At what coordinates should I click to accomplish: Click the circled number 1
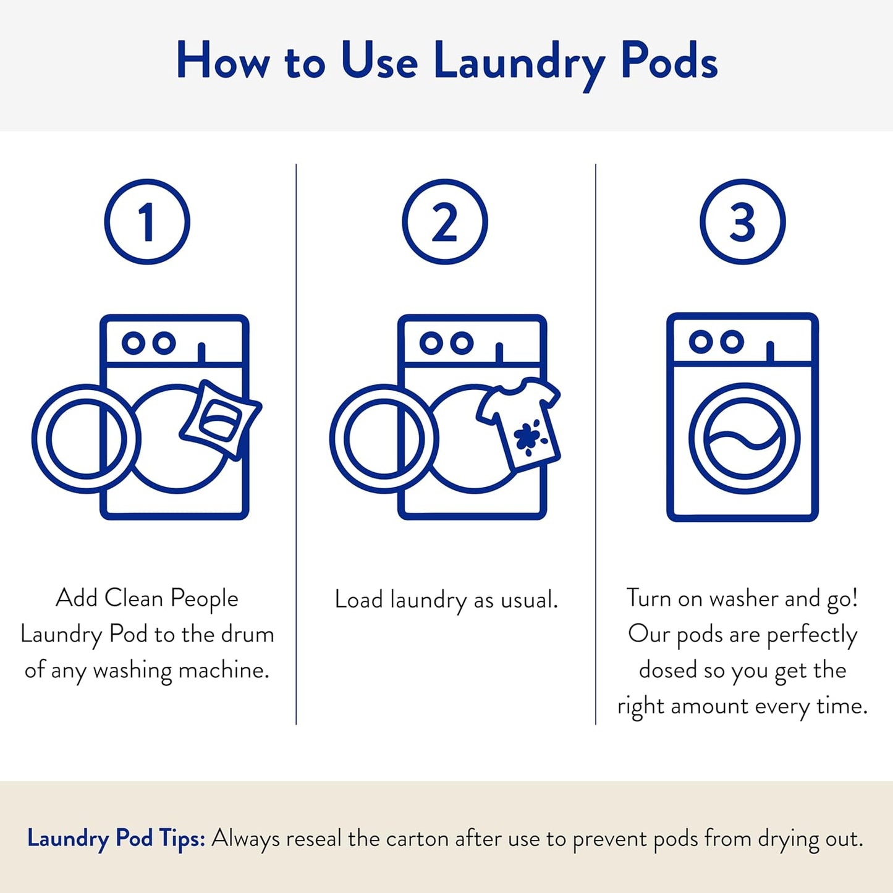click(147, 222)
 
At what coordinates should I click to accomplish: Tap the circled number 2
click(445, 222)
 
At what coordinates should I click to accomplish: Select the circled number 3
click(742, 222)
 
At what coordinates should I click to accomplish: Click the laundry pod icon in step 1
click(219, 419)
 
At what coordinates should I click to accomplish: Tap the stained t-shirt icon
click(520, 423)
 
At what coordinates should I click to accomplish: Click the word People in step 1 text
click(204, 598)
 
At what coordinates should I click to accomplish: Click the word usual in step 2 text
click(528, 599)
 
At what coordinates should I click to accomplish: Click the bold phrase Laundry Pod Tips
click(116, 839)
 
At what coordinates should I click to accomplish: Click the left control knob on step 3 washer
click(700, 341)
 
